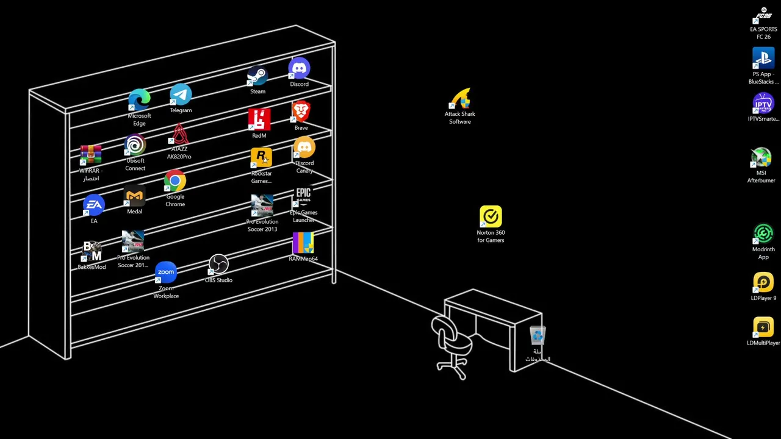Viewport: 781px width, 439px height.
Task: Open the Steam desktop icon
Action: click(x=257, y=77)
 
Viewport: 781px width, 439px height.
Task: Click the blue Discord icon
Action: click(x=299, y=69)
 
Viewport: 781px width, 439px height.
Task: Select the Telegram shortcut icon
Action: click(x=181, y=96)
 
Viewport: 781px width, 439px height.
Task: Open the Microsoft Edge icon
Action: click(x=139, y=101)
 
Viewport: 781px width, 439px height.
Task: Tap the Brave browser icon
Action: click(x=301, y=113)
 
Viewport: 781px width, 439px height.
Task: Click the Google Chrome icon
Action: click(x=175, y=182)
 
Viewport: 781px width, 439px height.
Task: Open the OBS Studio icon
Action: click(x=218, y=265)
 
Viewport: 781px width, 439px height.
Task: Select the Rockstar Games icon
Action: click(x=261, y=159)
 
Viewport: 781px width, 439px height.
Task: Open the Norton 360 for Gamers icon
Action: click(x=491, y=217)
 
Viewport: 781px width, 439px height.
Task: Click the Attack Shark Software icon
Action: click(x=460, y=99)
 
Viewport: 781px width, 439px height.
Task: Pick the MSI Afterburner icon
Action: click(x=761, y=158)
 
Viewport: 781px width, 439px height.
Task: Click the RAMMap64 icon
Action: click(x=303, y=243)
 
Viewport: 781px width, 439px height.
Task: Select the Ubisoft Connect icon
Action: click(x=135, y=146)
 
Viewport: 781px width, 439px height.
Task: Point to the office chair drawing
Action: click(x=451, y=345)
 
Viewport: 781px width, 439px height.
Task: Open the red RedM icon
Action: click(x=259, y=120)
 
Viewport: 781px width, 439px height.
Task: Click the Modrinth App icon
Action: click(x=763, y=234)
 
